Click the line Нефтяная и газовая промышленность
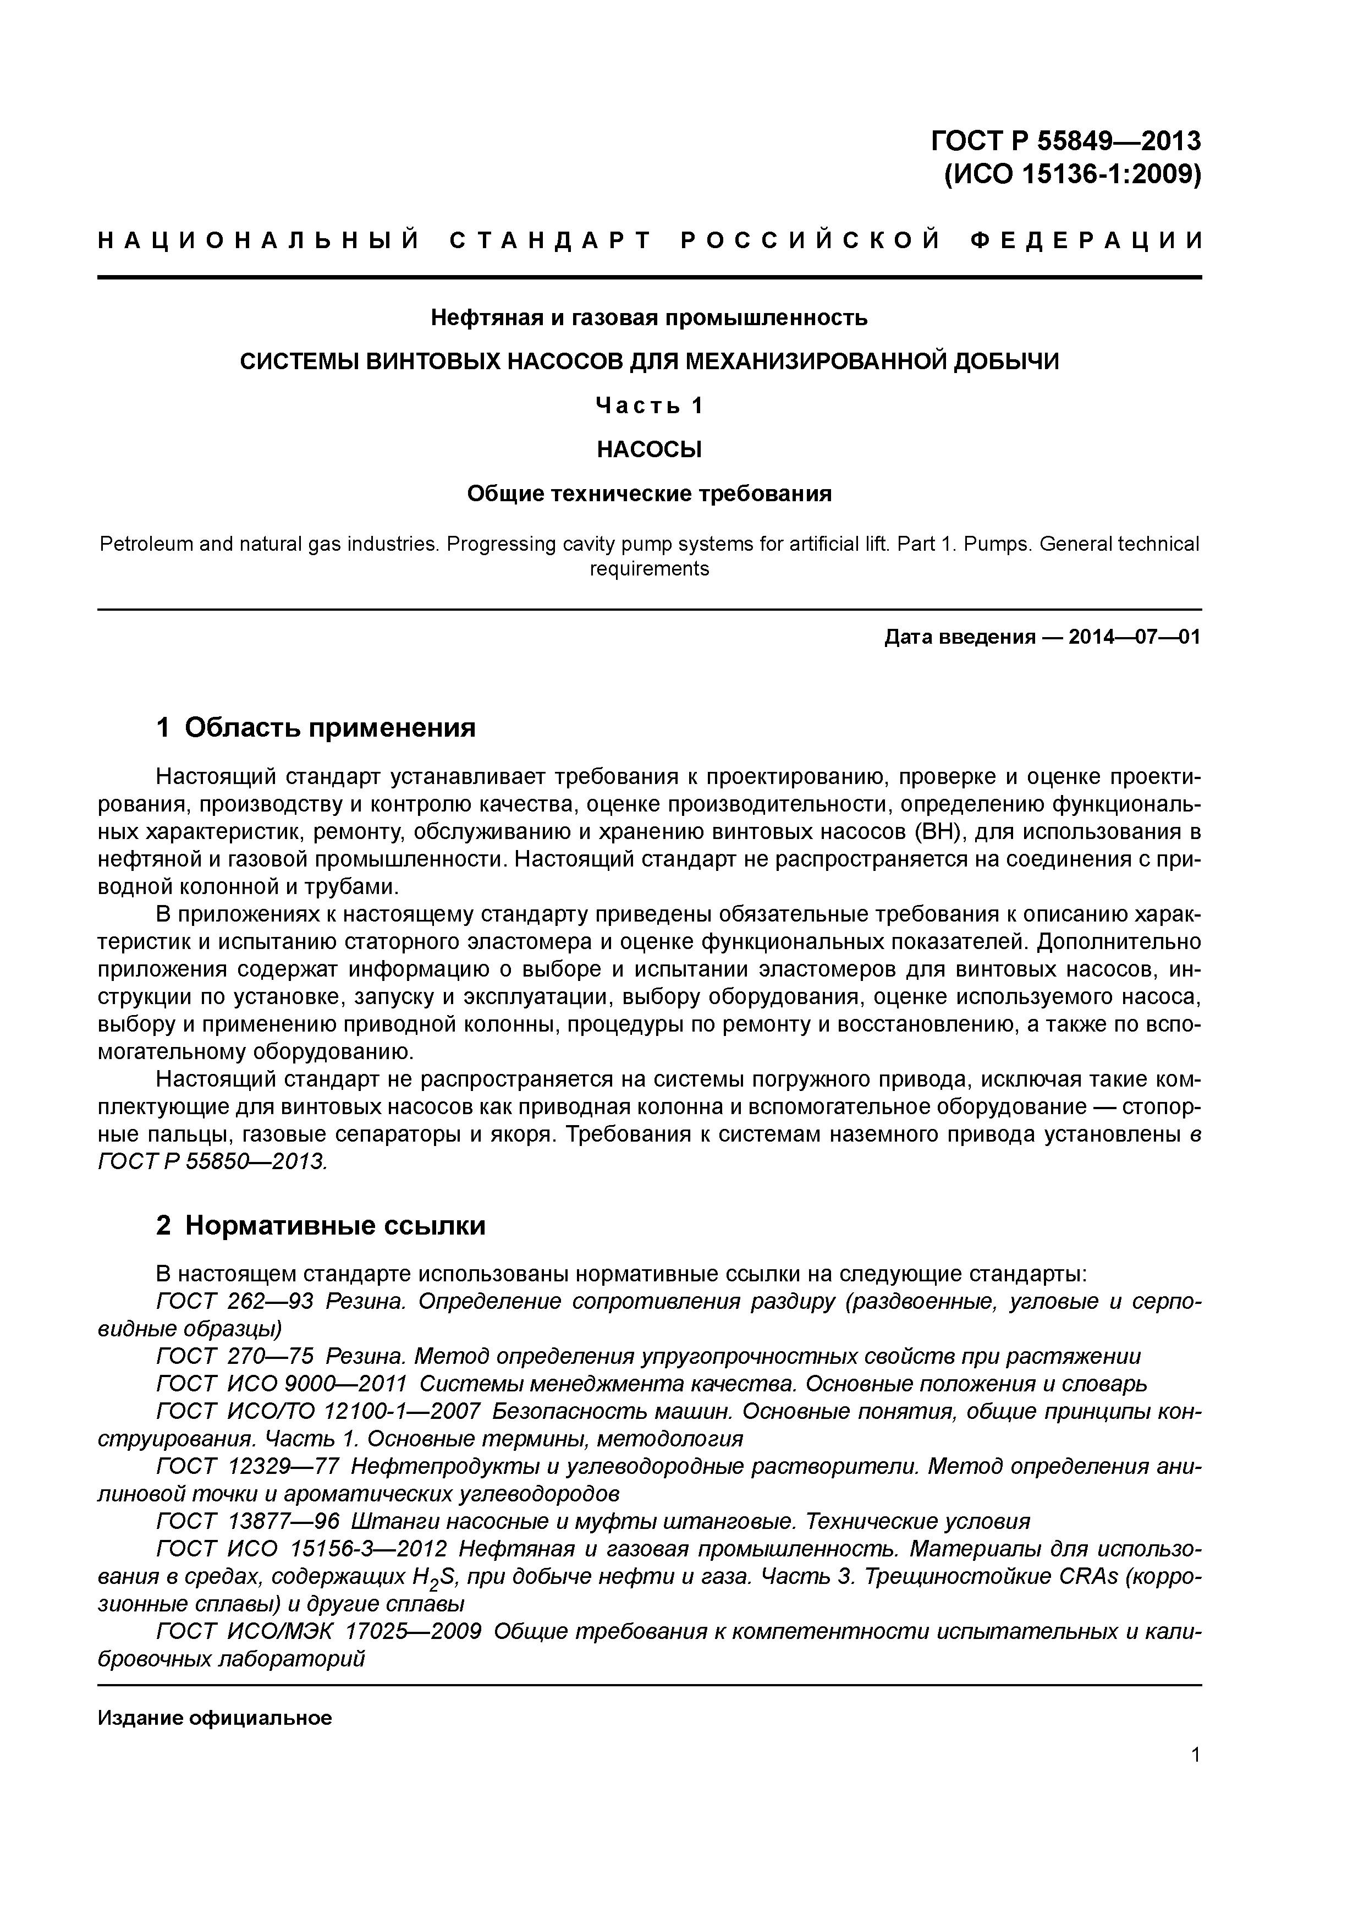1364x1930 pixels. [649, 318]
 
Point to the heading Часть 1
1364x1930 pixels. [649, 406]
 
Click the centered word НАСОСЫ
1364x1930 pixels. [649, 449]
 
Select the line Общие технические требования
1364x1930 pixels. [649, 494]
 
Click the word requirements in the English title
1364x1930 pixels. [649, 569]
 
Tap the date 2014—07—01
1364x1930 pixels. [1134, 637]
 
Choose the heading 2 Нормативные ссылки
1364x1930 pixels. [321, 1226]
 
